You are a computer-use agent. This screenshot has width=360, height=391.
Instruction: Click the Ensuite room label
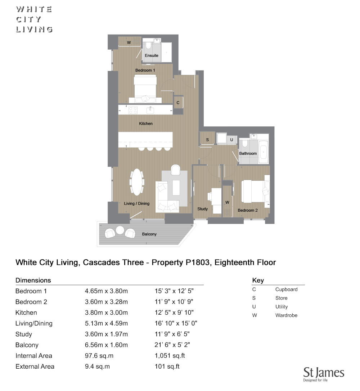(151, 55)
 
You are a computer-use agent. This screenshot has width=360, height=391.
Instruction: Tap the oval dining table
(137, 182)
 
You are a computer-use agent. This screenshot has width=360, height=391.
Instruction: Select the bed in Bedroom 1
(145, 89)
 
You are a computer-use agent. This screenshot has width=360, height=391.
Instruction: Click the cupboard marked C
(178, 103)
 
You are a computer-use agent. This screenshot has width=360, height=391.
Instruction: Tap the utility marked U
(231, 140)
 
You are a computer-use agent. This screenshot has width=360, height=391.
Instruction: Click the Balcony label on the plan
(149, 234)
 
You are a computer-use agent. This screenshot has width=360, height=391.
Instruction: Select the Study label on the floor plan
(202, 209)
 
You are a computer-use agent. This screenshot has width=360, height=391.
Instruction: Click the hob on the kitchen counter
(132, 110)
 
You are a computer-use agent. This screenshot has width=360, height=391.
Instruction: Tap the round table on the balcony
(120, 230)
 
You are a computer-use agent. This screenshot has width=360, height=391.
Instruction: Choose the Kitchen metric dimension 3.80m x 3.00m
(106, 313)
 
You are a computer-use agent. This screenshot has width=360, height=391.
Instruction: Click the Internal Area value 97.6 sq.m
(99, 356)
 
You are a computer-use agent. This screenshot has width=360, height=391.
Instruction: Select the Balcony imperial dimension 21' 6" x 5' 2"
(172, 345)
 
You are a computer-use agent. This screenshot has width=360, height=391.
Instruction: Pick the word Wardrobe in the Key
(286, 315)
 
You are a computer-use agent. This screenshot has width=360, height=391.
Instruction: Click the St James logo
(323, 374)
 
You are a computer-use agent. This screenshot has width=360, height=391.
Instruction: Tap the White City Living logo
(34, 19)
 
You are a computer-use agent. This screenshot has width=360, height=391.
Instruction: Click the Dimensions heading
(33, 280)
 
